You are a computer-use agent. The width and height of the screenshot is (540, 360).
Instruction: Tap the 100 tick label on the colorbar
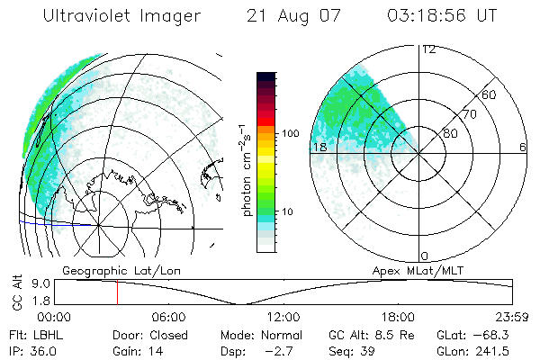pyautogui.click(x=291, y=133)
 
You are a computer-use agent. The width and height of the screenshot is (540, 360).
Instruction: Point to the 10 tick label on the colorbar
pyautogui.click(x=287, y=211)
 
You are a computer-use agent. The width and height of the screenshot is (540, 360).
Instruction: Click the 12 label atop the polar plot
pyautogui.click(x=429, y=49)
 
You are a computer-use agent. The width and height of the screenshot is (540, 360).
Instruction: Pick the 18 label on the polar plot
pyautogui.click(x=319, y=147)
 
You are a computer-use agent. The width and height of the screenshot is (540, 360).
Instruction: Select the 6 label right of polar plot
pyautogui.click(x=522, y=147)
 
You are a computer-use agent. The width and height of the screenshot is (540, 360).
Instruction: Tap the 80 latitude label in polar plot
pyautogui.click(x=450, y=133)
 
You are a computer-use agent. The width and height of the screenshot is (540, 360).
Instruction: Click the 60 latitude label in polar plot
pyautogui.click(x=490, y=94)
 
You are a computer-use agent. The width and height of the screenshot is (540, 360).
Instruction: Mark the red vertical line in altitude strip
pyautogui.click(x=116, y=292)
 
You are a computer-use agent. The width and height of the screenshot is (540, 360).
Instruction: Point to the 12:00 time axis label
pyautogui.click(x=283, y=317)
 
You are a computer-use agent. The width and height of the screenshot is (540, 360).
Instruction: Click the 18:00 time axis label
pyautogui.click(x=398, y=317)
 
